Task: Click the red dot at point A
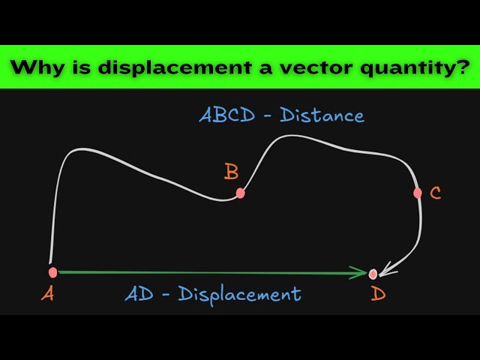coord(52,272)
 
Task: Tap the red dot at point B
coord(241,193)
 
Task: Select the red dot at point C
coord(417,193)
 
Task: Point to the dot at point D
coord(373,274)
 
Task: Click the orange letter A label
coord(48,294)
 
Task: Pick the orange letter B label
coord(231,172)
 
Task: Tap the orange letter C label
coord(435,193)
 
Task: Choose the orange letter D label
coord(378,294)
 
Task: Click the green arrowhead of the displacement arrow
coord(358,272)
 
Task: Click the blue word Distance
coord(322,115)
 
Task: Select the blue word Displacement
coord(239,295)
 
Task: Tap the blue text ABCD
coord(226,115)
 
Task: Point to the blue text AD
coord(139,294)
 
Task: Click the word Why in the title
coord(37,67)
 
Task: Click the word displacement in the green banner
coord(175,67)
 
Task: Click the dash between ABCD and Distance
coord(267,116)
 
